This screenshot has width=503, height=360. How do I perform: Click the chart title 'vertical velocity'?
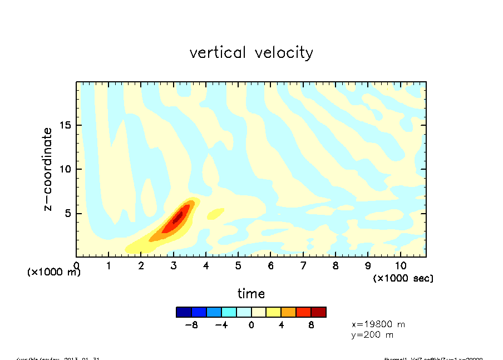click(x=251, y=53)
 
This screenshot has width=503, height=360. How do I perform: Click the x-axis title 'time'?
click(x=251, y=293)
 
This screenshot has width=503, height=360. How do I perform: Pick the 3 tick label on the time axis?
click(x=174, y=266)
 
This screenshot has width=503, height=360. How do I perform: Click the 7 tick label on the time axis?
click(x=303, y=266)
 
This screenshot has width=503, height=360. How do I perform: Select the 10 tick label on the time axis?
click(x=400, y=266)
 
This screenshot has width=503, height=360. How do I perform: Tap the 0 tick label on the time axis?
click(x=77, y=266)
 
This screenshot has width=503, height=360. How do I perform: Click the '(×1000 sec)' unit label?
click(x=403, y=278)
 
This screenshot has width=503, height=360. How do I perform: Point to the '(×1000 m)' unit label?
click(x=54, y=272)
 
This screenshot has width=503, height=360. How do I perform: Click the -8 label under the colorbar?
click(x=192, y=325)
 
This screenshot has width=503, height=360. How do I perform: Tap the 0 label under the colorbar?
click(x=251, y=325)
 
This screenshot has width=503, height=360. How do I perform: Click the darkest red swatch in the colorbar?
click(x=318, y=312)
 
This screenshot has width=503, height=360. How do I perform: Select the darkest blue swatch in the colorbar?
click(x=184, y=312)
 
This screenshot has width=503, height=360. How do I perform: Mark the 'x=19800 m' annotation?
click(x=378, y=324)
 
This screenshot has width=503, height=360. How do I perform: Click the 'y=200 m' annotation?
click(x=372, y=334)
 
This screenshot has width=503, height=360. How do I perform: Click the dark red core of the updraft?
click(x=177, y=217)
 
